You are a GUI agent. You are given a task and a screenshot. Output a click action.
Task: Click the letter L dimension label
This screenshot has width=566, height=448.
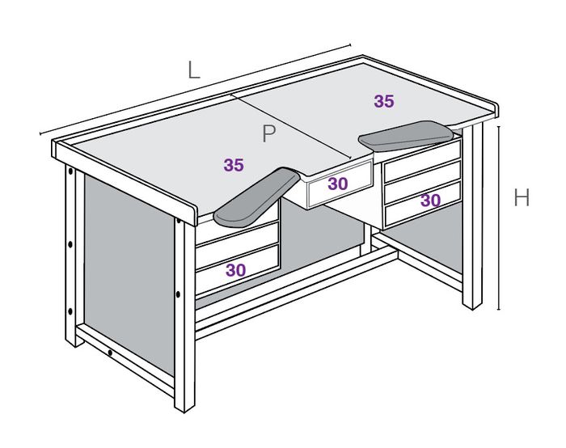point(194,70)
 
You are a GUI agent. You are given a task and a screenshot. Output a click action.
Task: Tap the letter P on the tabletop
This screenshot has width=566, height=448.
point(269,133)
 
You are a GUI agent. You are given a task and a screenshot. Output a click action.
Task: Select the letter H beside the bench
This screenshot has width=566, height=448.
point(522,198)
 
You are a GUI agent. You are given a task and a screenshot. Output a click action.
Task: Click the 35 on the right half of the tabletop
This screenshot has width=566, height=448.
point(384,101)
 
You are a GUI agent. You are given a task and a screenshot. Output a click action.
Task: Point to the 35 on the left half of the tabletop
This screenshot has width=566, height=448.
point(234,165)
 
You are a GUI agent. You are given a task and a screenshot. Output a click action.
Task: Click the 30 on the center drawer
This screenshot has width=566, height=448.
point(338,184)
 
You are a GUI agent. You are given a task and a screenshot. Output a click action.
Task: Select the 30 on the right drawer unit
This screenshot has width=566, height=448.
point(431,201)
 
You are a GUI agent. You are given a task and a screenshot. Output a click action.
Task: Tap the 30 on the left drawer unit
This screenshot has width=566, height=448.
point(236,270)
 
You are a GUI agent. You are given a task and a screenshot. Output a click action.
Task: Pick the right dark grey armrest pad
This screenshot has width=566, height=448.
point(406,136)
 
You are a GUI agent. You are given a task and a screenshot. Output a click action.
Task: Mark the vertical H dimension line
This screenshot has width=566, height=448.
point(499,218)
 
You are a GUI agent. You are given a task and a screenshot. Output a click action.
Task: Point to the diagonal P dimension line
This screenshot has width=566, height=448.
point(291,126)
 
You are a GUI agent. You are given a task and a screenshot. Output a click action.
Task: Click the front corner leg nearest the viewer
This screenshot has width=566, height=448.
point(184,314)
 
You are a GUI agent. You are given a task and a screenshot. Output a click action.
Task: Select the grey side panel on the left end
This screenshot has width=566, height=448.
point(129,274)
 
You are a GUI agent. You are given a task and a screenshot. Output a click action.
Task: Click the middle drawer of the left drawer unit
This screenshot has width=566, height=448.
point(237,246)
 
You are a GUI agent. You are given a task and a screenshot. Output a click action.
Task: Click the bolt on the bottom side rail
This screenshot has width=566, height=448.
point(110,353)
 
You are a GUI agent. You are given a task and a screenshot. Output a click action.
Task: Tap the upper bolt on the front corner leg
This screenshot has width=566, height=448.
point(179,221)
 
